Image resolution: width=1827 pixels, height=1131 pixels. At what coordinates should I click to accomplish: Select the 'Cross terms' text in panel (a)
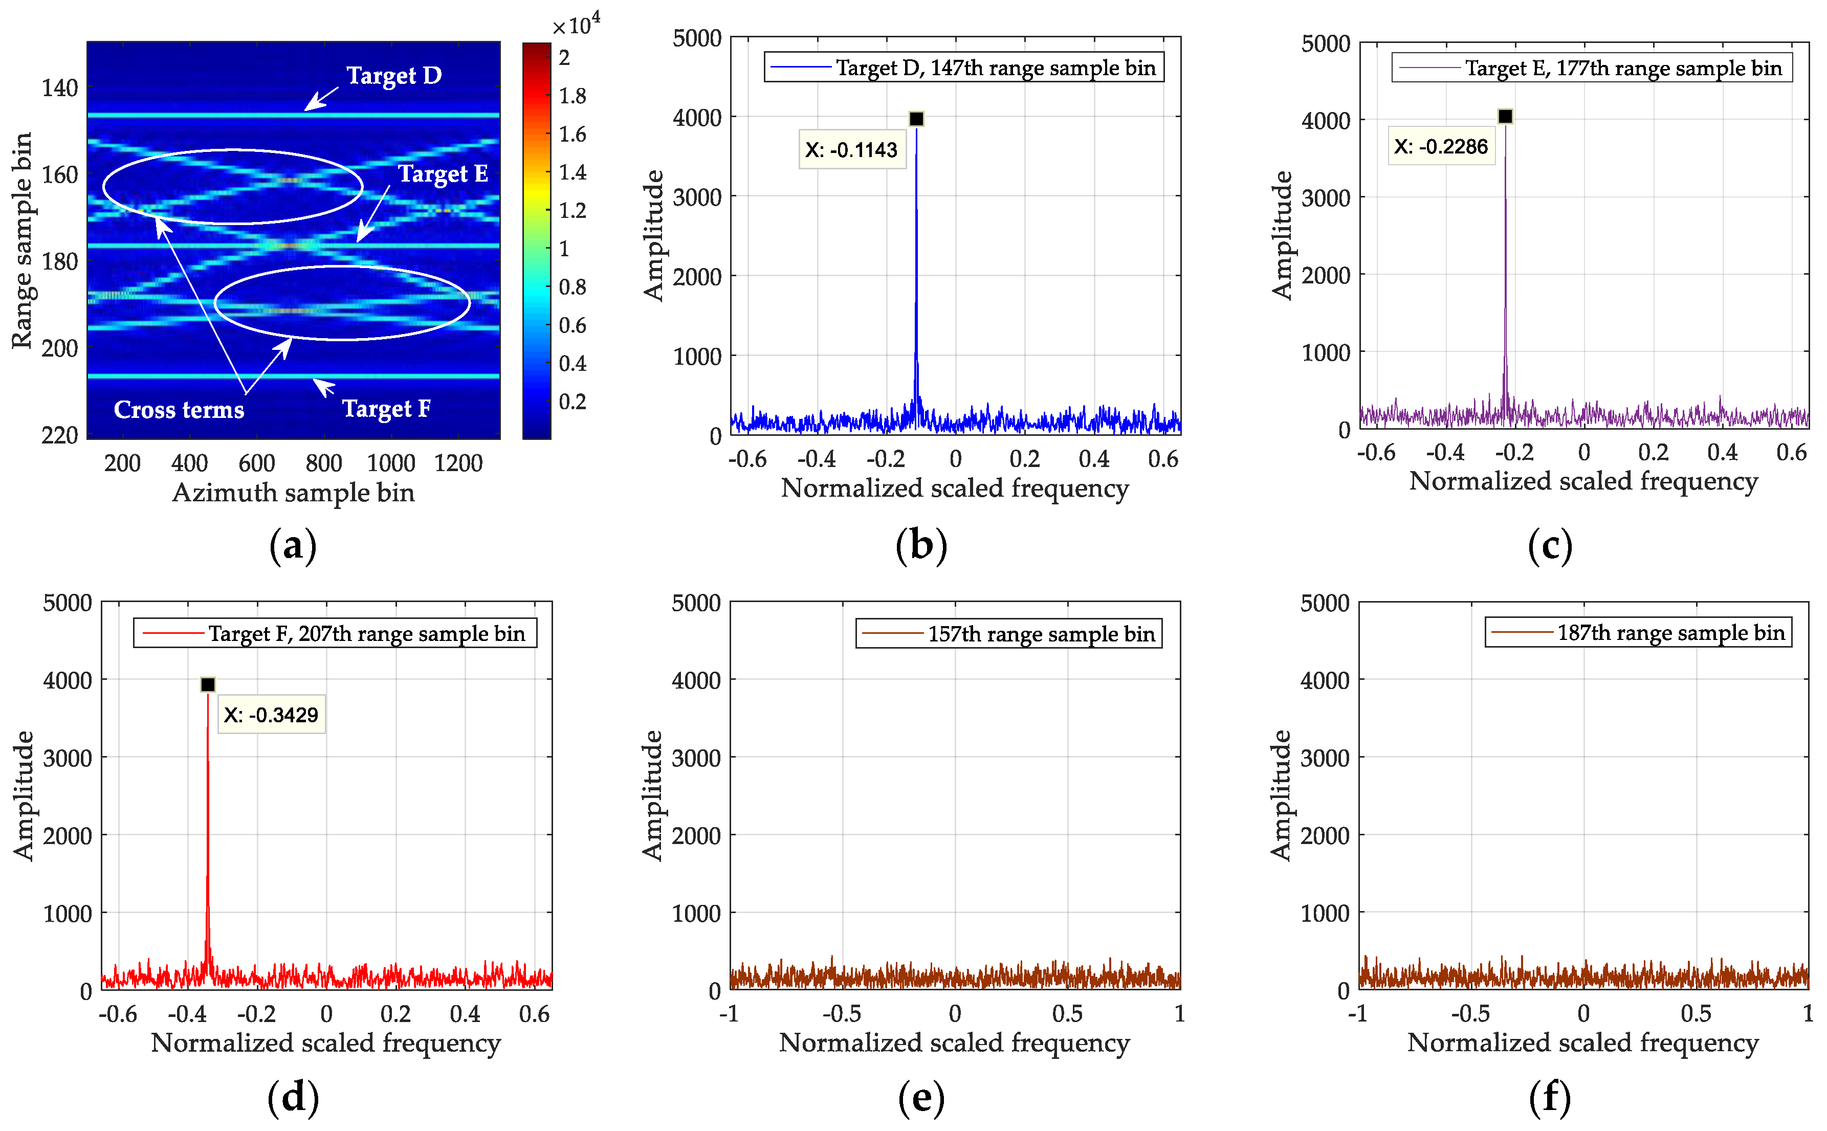179,410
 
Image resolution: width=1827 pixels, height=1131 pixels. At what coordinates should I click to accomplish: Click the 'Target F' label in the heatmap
386,408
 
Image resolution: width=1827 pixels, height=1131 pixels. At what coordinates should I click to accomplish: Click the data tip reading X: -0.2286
1440,147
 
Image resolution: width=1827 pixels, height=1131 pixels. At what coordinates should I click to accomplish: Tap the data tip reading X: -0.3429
271,715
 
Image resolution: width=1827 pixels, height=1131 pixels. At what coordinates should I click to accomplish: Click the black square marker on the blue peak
916,119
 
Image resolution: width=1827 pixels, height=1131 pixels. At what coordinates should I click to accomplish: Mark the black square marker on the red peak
208,684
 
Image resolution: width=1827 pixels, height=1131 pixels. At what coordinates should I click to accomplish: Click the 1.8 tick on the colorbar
573,96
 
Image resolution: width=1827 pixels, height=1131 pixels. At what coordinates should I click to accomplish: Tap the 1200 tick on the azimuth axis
458,463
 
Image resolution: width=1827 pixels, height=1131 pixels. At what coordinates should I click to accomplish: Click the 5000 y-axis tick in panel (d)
68,603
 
